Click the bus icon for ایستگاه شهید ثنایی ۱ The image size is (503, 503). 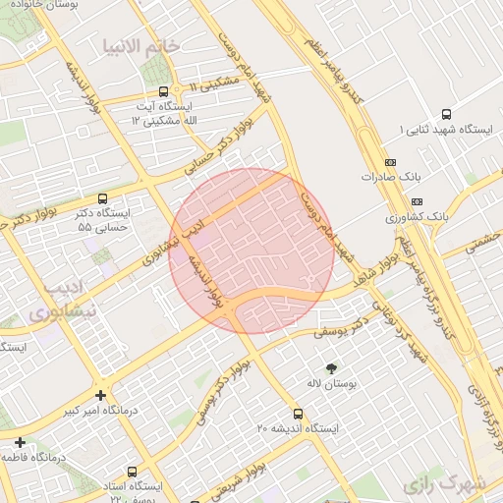447,114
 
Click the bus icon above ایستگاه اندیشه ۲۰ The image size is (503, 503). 299,414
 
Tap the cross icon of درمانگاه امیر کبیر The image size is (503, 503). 101,395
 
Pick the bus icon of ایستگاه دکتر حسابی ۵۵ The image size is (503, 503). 103,198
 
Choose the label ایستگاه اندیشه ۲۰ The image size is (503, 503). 298,429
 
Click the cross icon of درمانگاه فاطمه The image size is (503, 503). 22,442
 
